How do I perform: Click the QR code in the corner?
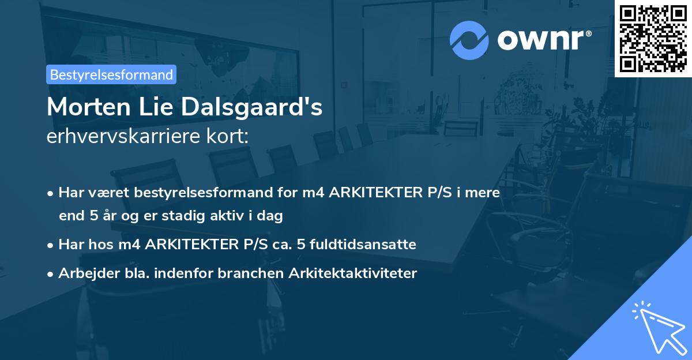click(x=653, y=39)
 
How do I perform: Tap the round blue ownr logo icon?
click(x=469, y=40)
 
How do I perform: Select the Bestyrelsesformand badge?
click(x=111, y=74)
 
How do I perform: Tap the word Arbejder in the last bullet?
click(x=84, y=273)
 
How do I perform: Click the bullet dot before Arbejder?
click(x=51, y=274)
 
